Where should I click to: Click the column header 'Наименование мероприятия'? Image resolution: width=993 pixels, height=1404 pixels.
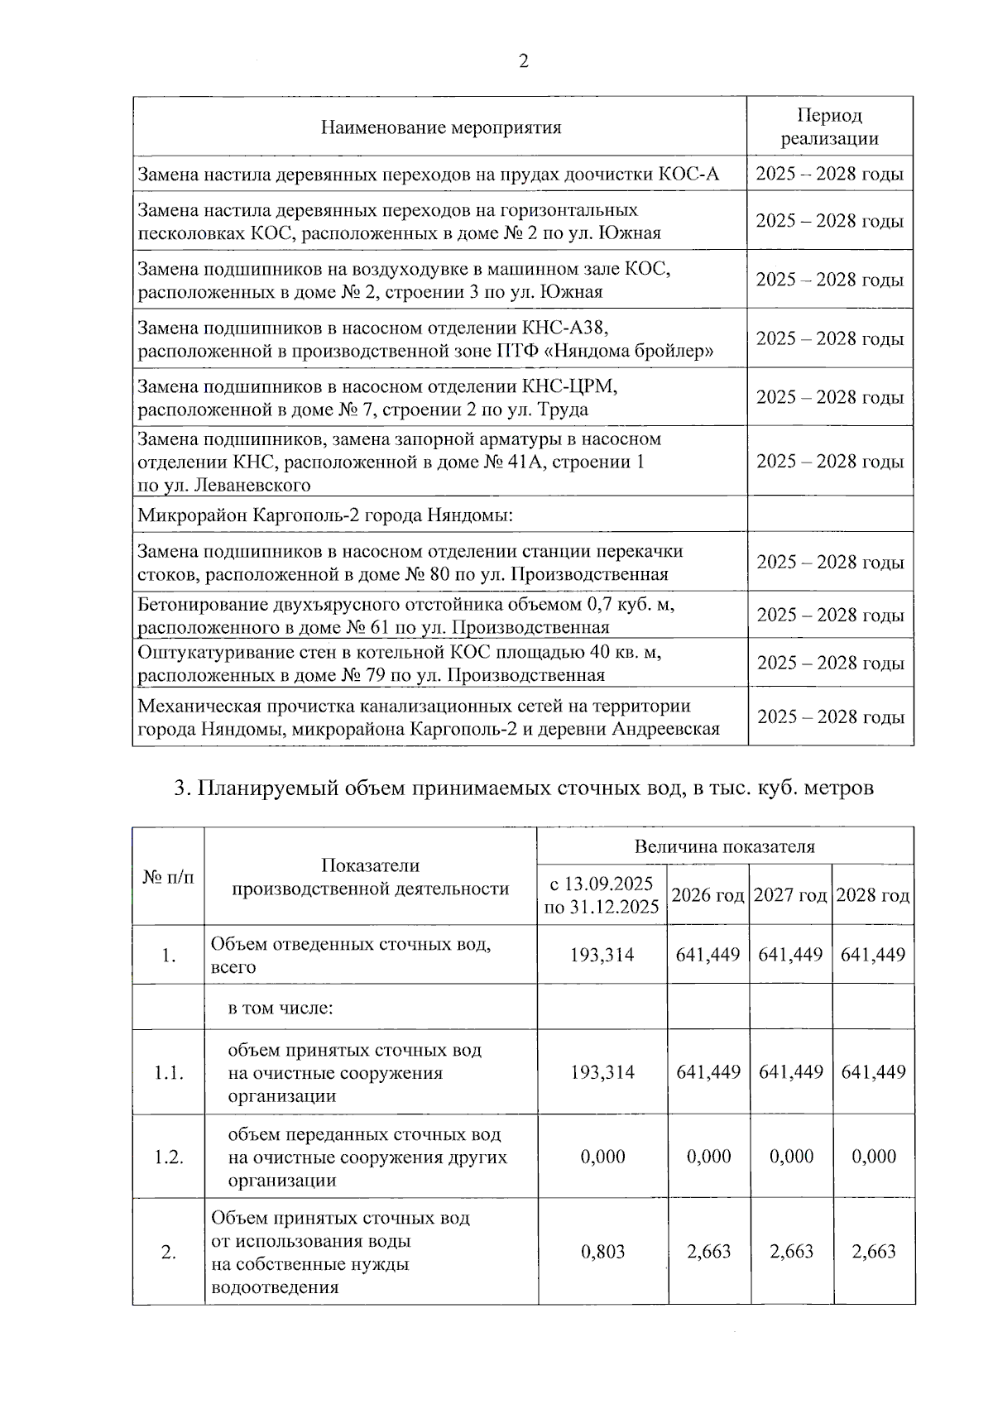point(440,127)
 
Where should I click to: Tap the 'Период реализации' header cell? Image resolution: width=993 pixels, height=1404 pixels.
point(829,127)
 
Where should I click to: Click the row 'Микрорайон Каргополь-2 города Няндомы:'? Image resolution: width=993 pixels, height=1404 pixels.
point(325,515)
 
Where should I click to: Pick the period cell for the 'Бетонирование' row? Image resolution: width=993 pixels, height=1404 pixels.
point(830,615)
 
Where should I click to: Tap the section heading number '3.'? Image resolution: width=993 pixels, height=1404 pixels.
point(182,788)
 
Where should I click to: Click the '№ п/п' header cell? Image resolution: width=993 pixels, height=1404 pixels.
point(168,876)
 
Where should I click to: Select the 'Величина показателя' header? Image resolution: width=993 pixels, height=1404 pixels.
point(724,846)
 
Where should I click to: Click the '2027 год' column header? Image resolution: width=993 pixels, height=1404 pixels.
point(790,895)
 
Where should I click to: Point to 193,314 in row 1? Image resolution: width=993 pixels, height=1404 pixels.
point(602,955)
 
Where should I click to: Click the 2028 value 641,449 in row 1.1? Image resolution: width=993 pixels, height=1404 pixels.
point(873,1072)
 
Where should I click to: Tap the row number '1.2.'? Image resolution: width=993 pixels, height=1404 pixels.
point(168,1157)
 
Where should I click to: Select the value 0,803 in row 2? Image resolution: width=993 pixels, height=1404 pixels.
point(602,1252)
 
